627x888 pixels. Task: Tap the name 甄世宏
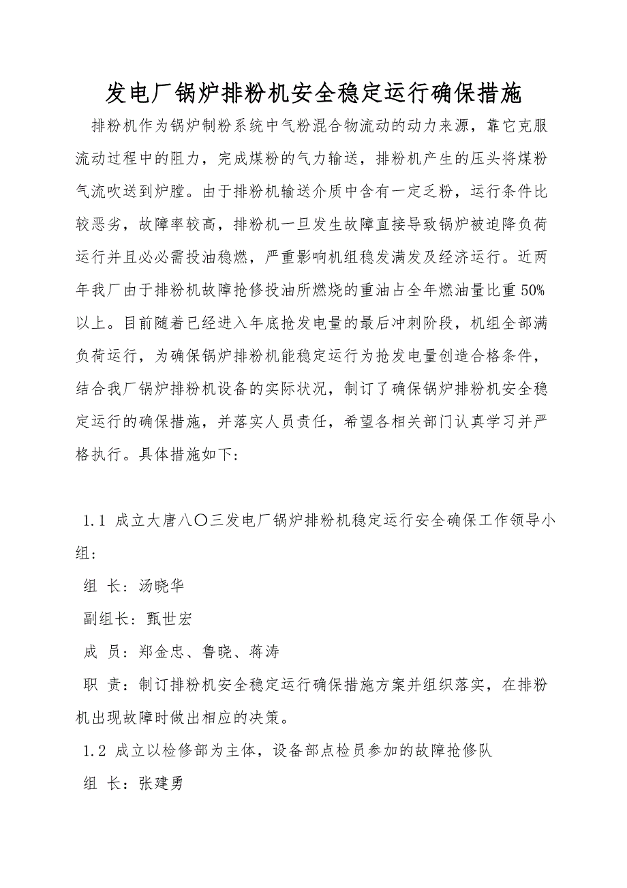pos(169,619)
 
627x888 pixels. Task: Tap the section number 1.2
pos(93,752)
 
